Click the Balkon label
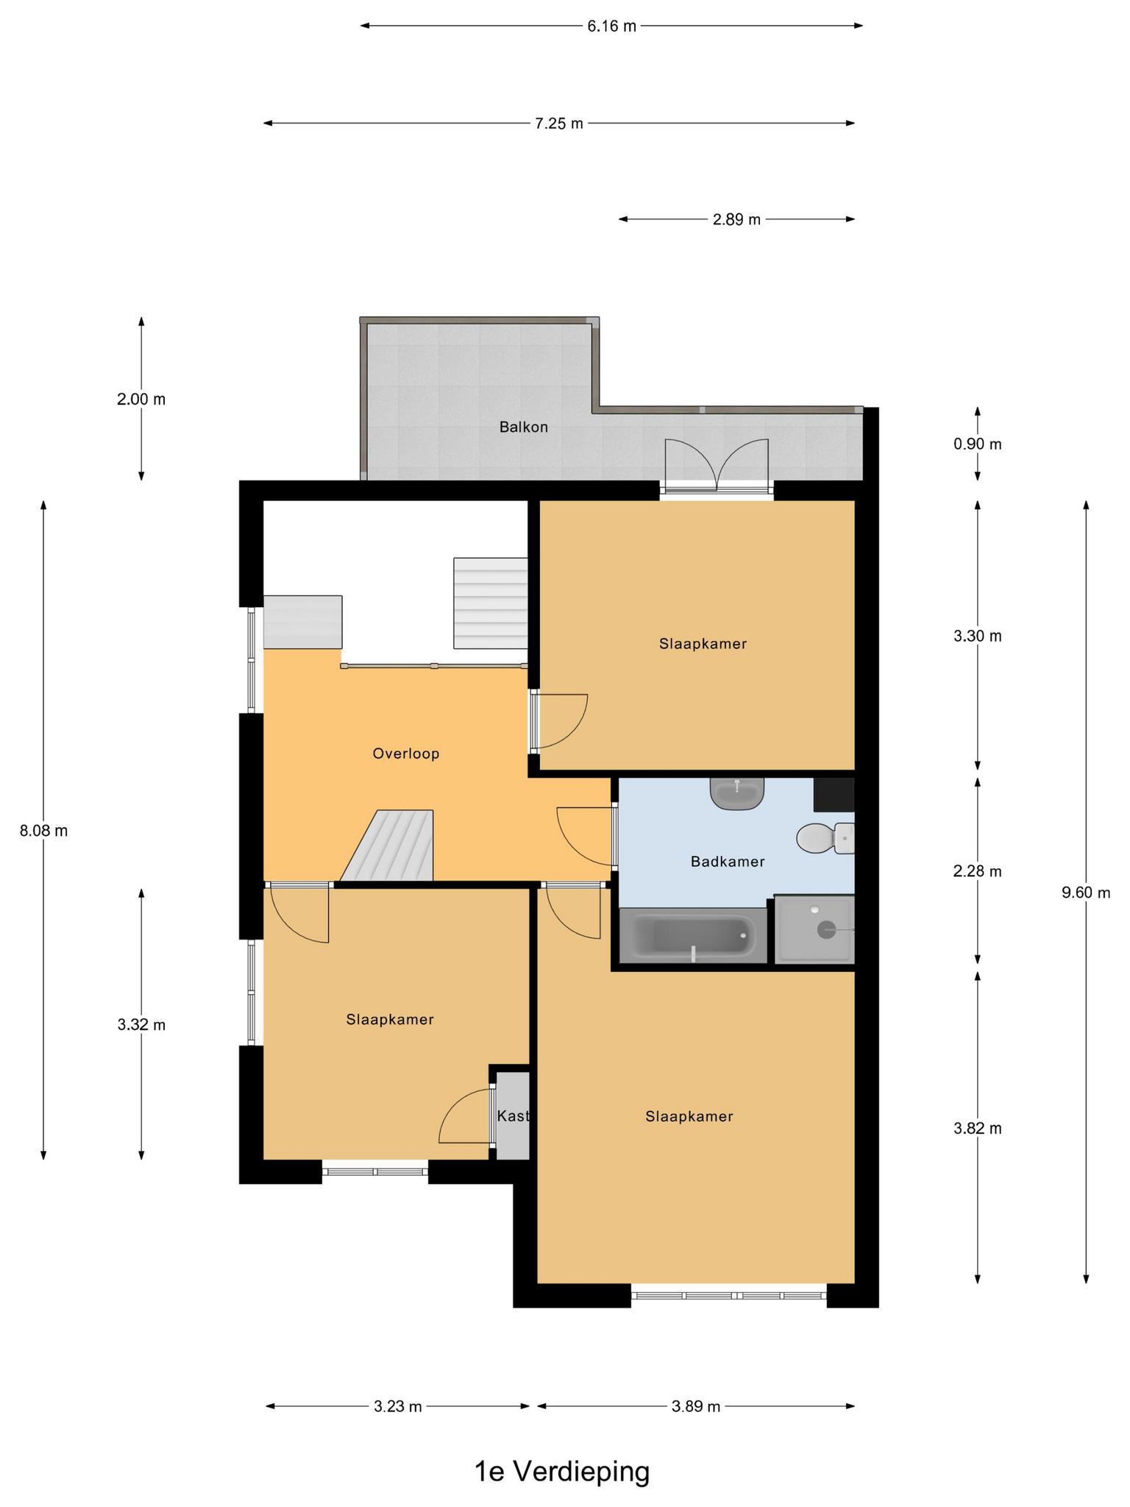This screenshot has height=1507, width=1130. [x=523, y=427]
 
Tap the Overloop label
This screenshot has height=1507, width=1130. [x=405, y=753]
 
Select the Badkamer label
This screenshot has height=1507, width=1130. [x=727, y=861]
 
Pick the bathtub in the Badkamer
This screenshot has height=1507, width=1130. [x=694, y=936]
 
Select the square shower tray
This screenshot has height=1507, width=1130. [x=814, y=929]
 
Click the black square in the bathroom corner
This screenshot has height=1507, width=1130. [x=834, y=795]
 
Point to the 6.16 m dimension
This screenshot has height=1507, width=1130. [x=611, y=26]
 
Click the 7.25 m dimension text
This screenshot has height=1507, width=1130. [x=559, y=124]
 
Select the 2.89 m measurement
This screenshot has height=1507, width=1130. [x=736, y=219]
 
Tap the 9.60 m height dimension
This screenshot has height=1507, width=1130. [x=1086, y=893]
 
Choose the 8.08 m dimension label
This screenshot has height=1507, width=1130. [x=43, y=831]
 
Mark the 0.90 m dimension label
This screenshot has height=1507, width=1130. [x=978, y=444]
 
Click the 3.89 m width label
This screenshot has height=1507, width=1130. [x=696, y=1407]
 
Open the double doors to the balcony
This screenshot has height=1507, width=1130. [x=717, y=465]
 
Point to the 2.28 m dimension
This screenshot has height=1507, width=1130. [x=978, y=871]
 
